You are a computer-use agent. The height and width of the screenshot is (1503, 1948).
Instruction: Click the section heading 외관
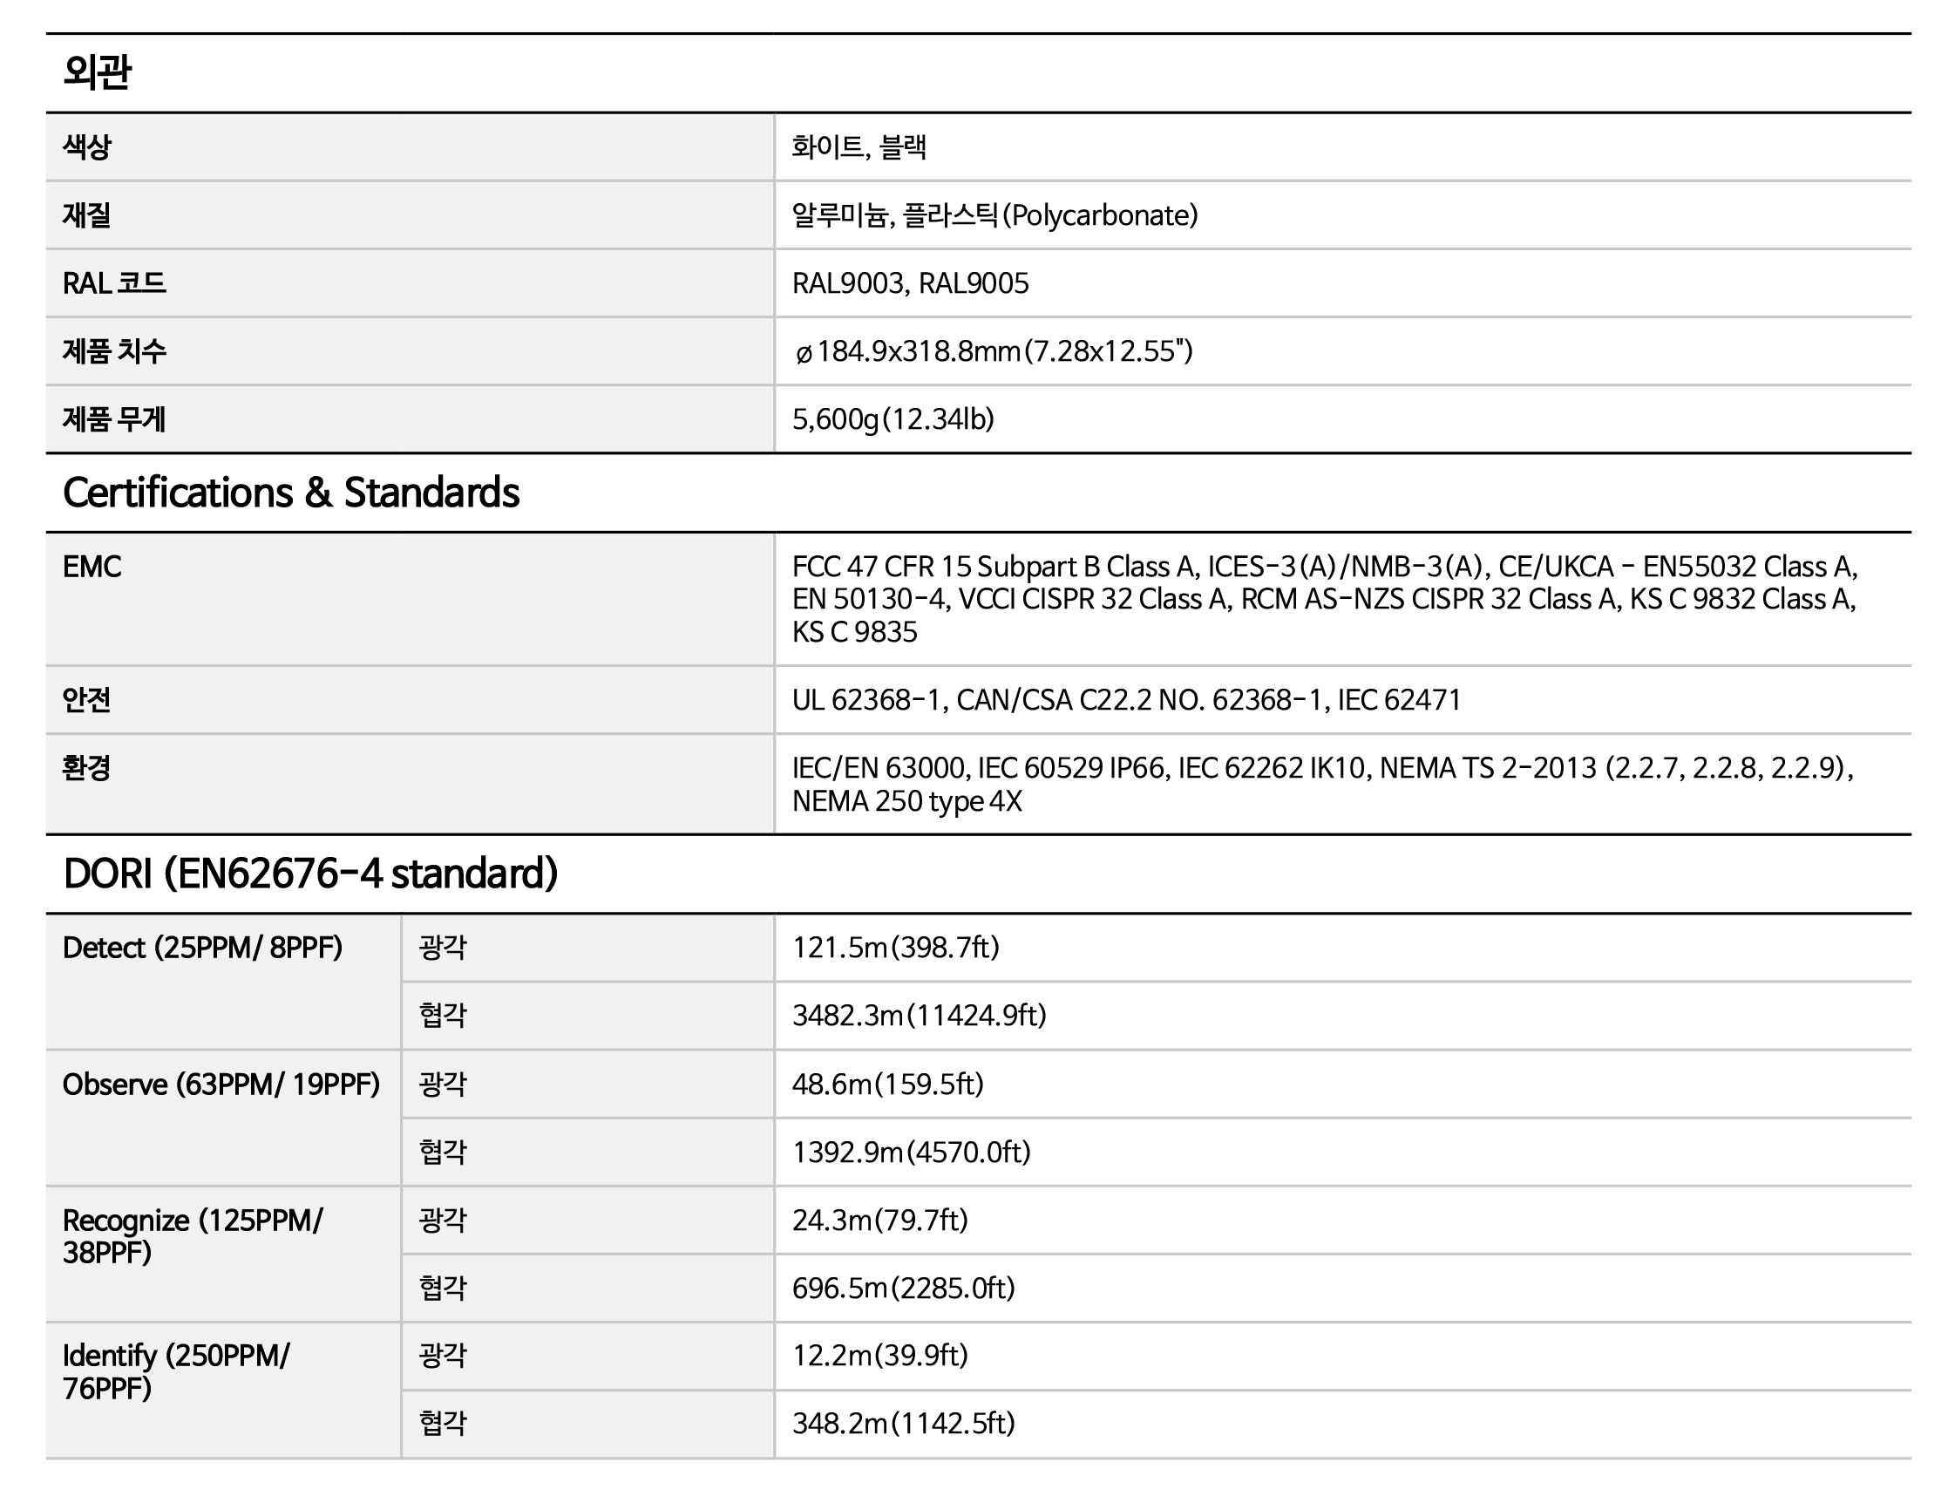(98, 72)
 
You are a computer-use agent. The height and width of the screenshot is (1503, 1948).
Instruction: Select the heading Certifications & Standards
(291, 493)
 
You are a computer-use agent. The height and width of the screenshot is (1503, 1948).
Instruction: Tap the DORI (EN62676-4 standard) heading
(310, 874)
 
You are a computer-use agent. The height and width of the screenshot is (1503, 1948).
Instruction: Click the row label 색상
(86, 147)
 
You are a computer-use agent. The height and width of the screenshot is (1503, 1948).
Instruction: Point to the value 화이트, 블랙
(859, 147)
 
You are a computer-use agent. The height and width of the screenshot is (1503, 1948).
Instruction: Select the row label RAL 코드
(114, 283)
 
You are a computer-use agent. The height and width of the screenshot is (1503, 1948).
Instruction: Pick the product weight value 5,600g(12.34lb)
(893, 419)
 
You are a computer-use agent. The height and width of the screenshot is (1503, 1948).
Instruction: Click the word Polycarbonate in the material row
(1101, 215)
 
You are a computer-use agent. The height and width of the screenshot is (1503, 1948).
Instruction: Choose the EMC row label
(92, 567)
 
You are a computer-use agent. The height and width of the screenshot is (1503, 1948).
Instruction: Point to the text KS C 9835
(854, 632)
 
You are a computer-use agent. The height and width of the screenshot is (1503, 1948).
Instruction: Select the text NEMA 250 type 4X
(906, 801)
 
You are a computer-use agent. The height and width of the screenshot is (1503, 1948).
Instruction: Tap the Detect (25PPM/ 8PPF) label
(202, 948)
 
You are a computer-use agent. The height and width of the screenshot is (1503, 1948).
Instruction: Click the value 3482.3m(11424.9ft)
(919, 1016)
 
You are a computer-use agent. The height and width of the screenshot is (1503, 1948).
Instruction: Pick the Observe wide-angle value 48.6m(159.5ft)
(887, 1085)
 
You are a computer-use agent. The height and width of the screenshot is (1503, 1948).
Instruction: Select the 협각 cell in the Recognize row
(443, 1288)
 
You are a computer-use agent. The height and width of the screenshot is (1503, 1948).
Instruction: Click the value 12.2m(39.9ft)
(879, 1356)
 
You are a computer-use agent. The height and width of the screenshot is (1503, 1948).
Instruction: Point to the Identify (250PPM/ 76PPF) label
(176, 1372)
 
